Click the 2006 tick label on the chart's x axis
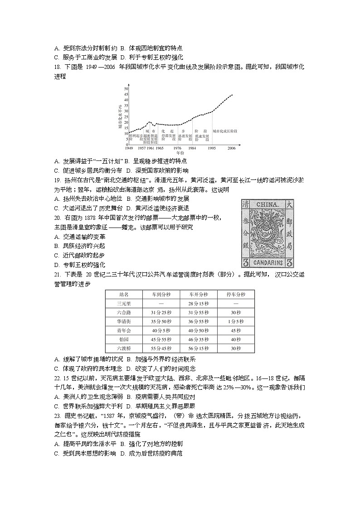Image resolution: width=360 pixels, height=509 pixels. (232, 148)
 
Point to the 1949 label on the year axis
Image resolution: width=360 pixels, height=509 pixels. (129, 148)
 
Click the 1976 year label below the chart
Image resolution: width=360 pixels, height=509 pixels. (177, 148)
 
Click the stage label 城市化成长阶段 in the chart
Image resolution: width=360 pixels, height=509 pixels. (225, 131)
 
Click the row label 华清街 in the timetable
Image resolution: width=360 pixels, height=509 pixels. (124, 321)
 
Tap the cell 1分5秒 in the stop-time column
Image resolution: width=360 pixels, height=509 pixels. (235, 321)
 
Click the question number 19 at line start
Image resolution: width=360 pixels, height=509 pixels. (57, 179)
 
